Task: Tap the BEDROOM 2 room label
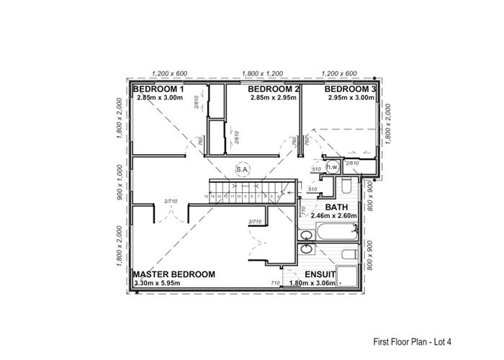[273, 89]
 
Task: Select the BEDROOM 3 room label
[349, 89]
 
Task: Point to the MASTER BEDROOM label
[174, 274]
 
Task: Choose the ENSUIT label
[320, 274]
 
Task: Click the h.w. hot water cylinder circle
[333, 167]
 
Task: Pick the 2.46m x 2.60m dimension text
[333, 215]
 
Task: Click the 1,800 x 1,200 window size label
[262, 73]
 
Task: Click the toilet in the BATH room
[346, 189]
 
